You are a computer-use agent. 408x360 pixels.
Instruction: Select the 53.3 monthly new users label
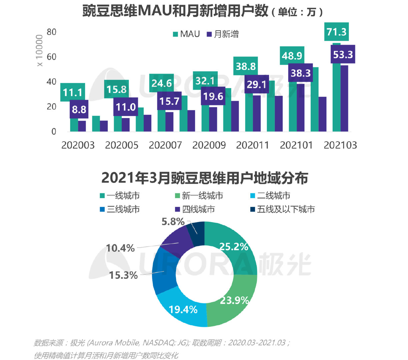pos(343,54)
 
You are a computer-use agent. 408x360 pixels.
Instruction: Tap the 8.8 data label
pos(79,109)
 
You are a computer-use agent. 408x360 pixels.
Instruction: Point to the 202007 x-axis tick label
pos(165,145)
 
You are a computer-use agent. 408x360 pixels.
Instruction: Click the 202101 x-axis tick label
pos(296,145)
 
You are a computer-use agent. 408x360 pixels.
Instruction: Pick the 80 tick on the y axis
pos(52,32)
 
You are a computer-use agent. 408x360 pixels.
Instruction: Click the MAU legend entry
pos(186,34)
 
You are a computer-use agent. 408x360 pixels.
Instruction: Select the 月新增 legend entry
pos(223,34)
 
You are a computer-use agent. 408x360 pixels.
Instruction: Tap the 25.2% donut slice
pos(233,247)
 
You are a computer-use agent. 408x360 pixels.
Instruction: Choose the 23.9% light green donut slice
pos(233,300)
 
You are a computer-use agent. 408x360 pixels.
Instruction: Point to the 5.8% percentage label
pos(173,221)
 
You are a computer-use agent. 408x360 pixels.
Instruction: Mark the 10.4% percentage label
pos(120,248)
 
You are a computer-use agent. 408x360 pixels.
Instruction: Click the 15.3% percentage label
pos(123,275)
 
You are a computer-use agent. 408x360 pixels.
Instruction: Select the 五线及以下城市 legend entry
pos(282,209)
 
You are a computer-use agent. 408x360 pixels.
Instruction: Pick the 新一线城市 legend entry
pos(199,196)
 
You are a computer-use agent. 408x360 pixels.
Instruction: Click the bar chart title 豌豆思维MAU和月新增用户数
pos(175,11)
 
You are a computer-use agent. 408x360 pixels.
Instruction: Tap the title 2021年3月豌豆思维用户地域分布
pos(204,178)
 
